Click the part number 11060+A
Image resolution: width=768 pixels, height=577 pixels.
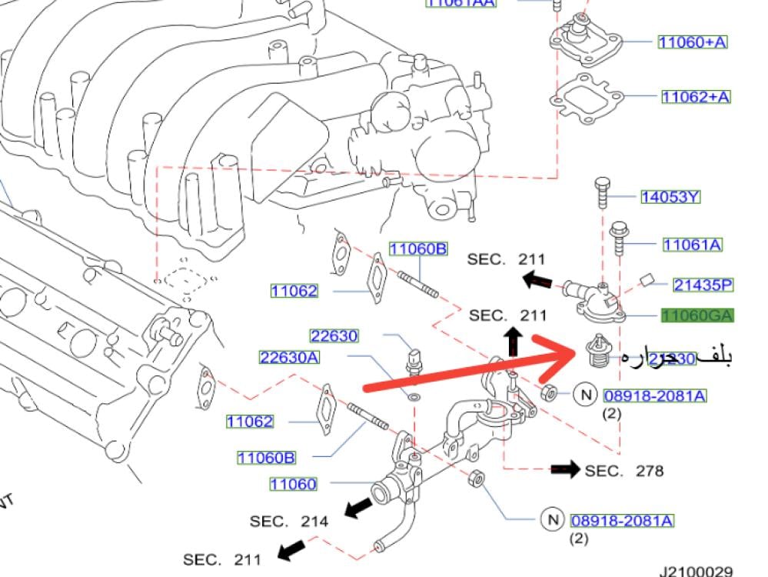tap(692, 42)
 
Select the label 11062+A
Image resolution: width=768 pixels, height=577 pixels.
tap(696, 96)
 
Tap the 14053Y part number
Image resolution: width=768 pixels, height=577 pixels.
tap(670, 197)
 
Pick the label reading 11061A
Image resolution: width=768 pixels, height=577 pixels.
tap(693, 245)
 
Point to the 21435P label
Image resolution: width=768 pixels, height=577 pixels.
tap(703, 285)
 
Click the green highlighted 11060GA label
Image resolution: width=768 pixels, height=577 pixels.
tap(698, 315)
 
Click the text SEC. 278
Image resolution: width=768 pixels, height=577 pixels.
tap(623, 470)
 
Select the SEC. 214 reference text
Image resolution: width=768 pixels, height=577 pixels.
tap(289, 521)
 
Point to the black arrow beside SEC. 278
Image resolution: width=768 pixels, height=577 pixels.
tap(565, 469)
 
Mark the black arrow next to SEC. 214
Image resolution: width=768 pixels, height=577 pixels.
tap(355, 507)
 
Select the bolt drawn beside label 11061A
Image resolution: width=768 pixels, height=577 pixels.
tap(619, 239)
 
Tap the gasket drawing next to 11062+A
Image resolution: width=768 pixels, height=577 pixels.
tap(585, 97)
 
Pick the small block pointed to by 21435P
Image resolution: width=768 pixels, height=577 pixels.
tap(647, 278)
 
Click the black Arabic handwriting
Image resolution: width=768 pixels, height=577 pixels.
tap(677, 356)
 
